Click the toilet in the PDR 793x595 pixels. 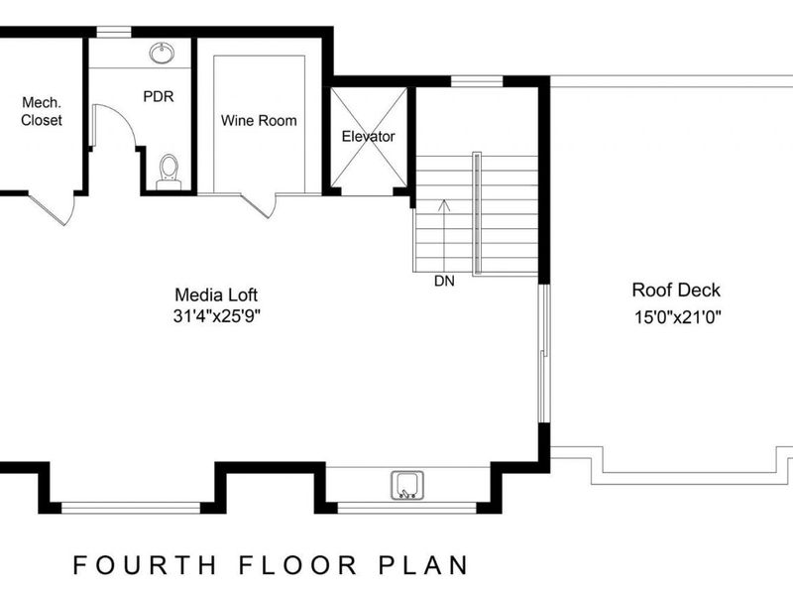tap(170, 171)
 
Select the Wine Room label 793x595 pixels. tap(259, 121)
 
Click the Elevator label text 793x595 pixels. tap(368, 136)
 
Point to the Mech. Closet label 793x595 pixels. tap(41, 111)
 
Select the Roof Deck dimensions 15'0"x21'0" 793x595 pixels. tap(676, 317)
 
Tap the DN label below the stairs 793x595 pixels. tap(444, 282)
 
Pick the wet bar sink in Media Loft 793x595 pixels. tap(407, 485)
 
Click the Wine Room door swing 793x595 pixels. tap(260, 204)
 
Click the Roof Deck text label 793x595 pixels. tap(676, 291)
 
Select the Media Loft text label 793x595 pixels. tap(216, 295)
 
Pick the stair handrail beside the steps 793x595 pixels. tap(478, 213)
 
